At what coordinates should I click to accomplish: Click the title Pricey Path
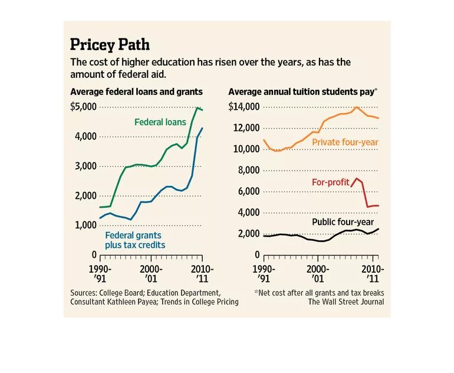110,44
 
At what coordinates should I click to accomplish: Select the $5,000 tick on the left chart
83,107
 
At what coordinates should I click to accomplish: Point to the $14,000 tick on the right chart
244,107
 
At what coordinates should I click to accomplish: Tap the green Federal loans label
160,122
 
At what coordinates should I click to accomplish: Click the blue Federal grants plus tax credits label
135,240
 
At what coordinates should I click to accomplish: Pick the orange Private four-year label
345,142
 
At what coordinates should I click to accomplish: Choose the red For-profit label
330,182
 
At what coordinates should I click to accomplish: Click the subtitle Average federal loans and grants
136,91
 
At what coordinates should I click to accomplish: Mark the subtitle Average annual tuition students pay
302,91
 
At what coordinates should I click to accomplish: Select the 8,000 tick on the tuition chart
247,170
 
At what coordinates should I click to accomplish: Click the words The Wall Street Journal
346,302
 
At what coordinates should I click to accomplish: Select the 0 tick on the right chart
257,254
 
